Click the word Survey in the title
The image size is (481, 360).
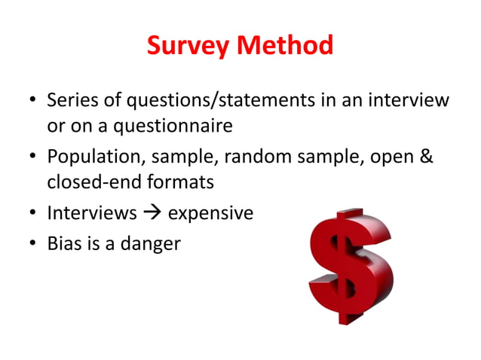click(188, 47)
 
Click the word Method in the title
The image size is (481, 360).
click(285, 47)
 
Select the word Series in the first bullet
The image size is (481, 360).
click(71, 100)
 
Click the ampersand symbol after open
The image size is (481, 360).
click(426, 157)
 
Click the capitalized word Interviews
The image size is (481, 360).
click(92, 214)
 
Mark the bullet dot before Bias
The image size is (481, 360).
click(32, 243)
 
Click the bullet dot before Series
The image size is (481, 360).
click(32, 101)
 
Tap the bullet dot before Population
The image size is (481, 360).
click(32, 158)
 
